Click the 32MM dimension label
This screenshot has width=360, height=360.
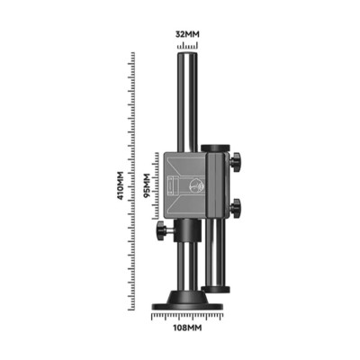187,34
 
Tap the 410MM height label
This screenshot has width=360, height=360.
121,185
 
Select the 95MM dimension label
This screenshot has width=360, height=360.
147,185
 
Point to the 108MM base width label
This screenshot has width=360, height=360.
187,328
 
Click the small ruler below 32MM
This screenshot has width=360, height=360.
187,46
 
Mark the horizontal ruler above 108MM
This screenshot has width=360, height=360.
187,317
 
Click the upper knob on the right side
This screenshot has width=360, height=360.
236,162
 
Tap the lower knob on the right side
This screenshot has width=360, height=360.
236,208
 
